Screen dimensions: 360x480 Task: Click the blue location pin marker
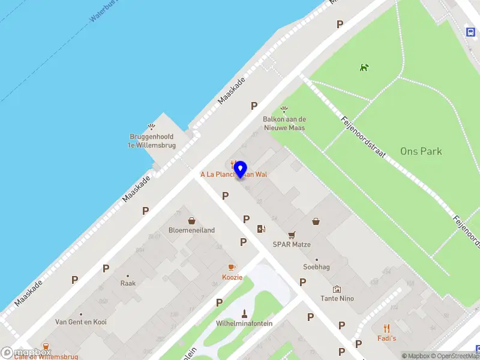(x=240, y=169)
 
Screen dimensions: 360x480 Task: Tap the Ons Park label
(x=421, y=151)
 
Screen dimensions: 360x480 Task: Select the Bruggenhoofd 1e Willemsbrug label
(x=151, y=140)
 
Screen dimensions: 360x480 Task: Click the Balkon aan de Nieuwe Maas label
(x=284, y=124)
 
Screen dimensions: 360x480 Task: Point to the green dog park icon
(x=364, y=67)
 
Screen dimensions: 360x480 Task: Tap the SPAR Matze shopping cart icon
(x=292, y=235)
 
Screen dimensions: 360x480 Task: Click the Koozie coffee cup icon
(x=232, y=267)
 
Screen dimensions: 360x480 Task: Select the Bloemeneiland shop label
(x=191, y=230)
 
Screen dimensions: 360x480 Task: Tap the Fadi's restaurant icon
(x=387, y=328)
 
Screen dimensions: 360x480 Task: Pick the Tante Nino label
(x=337, y=298)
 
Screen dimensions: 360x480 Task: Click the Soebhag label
(x=316, y=267)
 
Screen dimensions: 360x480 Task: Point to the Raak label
(x=128, y=283)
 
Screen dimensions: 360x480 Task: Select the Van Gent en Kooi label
(x=81, y=322)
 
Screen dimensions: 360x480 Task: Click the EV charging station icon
(x=260, y=228)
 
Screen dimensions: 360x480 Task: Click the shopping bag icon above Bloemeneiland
(x=191, y=221)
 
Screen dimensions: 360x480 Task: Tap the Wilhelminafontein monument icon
(x=244, y=313)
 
